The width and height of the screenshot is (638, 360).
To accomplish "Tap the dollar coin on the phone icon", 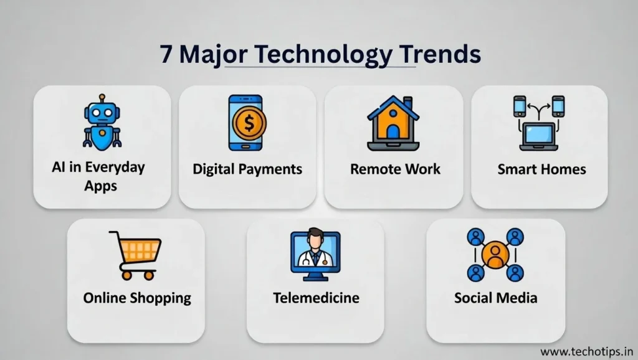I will pos(247,121).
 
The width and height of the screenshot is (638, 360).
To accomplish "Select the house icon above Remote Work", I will pos(393,123).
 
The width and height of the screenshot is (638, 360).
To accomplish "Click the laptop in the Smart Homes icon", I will pos(539,134).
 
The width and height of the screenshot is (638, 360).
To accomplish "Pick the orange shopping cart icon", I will pos(135,254).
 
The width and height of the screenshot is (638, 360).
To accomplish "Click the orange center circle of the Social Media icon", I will pos(495,255).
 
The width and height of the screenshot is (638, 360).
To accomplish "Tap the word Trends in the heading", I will pos(441,55).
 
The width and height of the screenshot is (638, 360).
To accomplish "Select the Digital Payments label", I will pos(247,169).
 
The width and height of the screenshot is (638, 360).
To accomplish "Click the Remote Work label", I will pos(395,169).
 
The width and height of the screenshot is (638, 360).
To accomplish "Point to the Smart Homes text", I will pos(541,169).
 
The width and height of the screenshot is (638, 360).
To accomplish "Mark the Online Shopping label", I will pos(137,298).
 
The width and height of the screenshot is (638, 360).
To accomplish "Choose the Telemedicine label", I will pos(316,298).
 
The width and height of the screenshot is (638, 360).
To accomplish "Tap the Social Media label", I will pos(495,298).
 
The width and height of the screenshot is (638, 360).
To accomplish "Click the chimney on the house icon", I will pos(408,101).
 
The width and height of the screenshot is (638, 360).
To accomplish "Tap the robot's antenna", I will pos(102,99).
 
